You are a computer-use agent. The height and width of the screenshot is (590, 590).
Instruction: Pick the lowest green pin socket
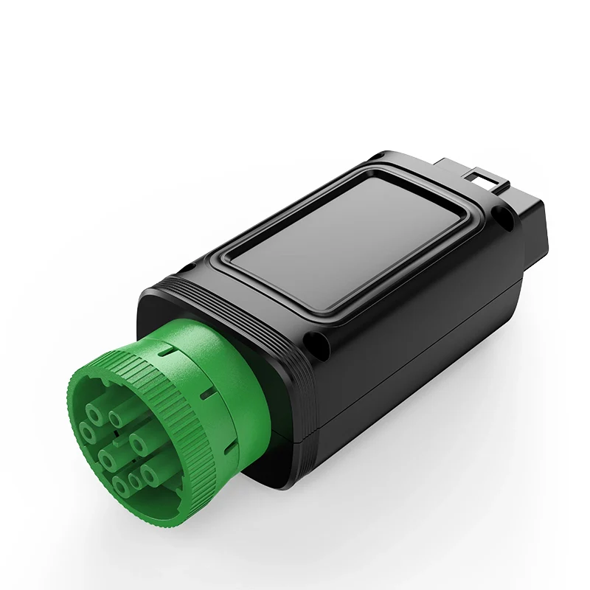(119, 485)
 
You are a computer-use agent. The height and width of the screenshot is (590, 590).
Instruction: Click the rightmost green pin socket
(149, 474)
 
